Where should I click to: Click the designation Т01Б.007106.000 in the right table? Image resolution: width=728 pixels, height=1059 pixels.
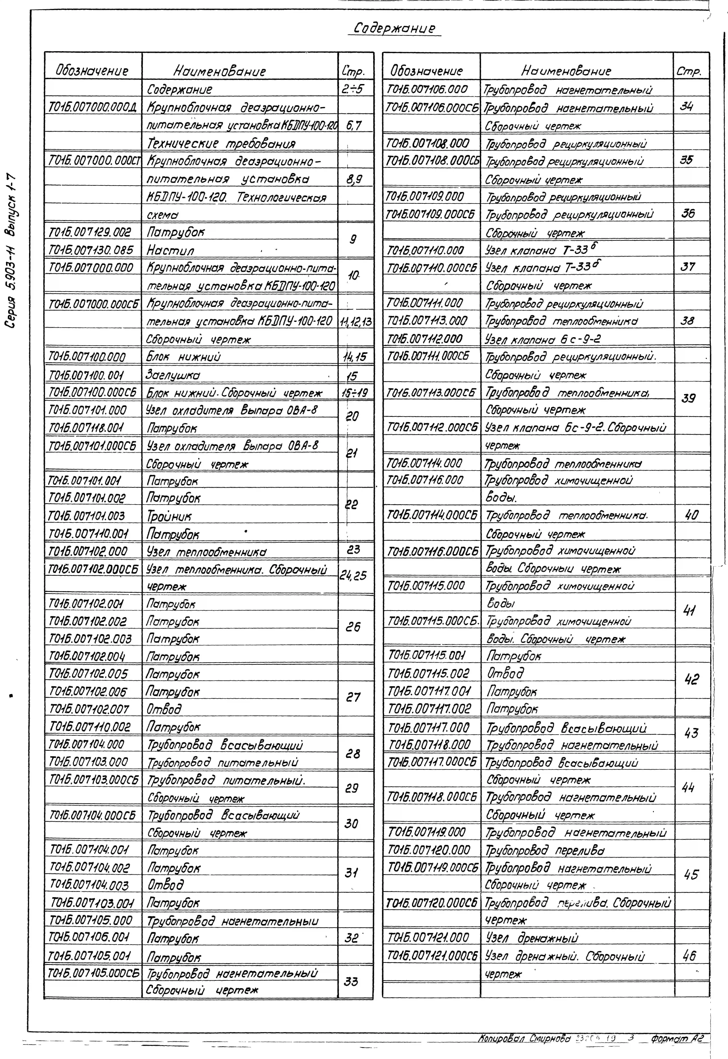click(x=427, y=89)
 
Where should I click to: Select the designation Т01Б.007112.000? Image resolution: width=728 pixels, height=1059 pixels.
click(x=425, y=339)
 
